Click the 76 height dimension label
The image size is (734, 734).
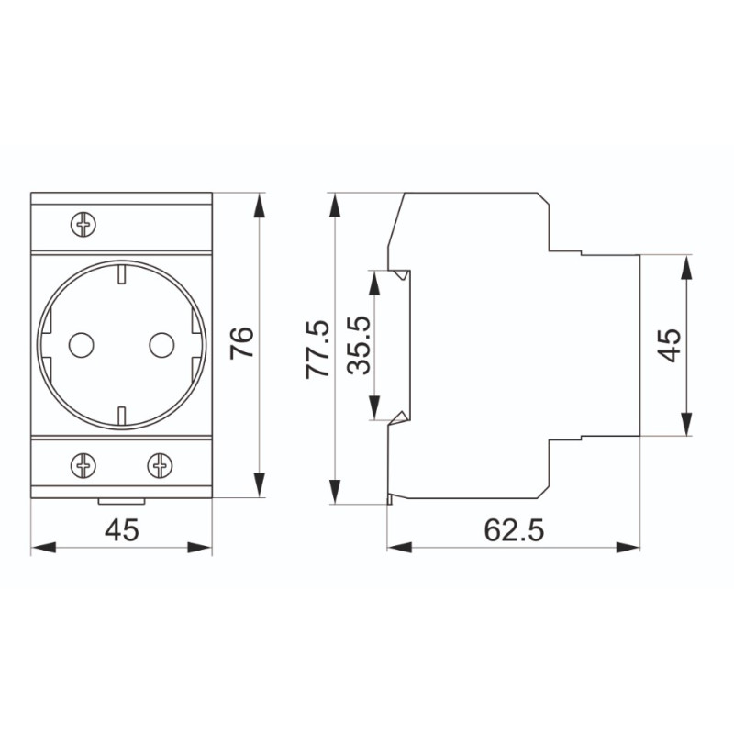(242, 343)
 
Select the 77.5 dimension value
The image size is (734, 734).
(317, 350)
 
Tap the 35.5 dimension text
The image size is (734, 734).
(359, 345)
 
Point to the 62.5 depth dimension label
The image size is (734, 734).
(514, 530)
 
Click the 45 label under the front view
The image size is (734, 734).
(122, 530)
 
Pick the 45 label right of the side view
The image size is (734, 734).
(669, 345)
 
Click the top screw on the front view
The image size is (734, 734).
(83, 224)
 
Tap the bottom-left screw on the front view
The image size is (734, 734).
(83, 466)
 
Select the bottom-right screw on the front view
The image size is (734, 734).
(160, 466)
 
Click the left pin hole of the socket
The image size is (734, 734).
(81, 345)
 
